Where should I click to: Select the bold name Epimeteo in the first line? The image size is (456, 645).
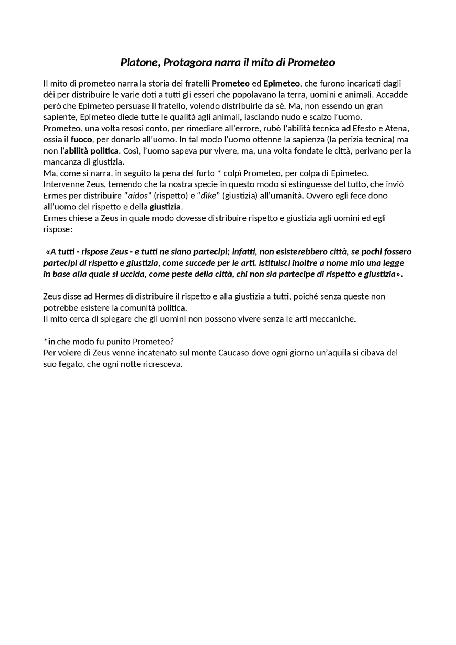coord(281,84)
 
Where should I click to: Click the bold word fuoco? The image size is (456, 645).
coord(81,139)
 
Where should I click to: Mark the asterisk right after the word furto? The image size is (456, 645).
coord(219,173)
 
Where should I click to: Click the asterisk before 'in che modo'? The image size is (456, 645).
coord(45,341)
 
